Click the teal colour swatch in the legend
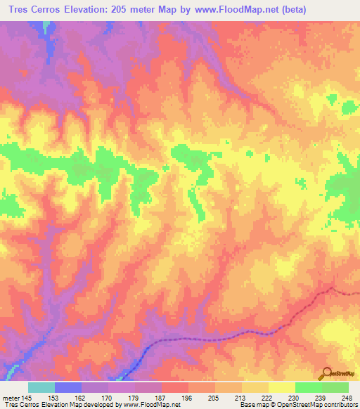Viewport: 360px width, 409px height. pyautogui.click(x=41, y=387)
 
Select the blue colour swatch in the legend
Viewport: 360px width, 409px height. pyautogui.click(x=68, y=387)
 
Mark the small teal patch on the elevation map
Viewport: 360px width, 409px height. pyautogui.click(x=47, y=27)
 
